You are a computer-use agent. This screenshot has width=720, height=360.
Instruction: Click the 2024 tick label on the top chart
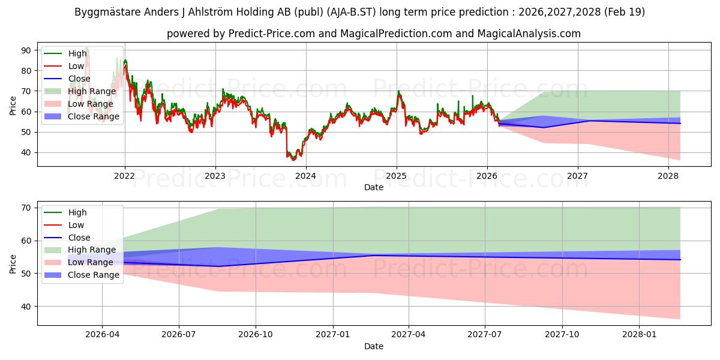coord(305,176)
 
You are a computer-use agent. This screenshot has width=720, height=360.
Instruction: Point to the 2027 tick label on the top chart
coord(577,176)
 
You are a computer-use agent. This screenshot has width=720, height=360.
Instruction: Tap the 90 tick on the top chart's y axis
coord(26,50)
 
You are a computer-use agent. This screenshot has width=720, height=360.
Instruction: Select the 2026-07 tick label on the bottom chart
coord(179,335)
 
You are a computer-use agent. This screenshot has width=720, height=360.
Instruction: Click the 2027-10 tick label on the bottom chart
coord(562,335)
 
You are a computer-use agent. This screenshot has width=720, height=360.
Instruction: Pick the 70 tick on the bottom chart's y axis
coord(26,208)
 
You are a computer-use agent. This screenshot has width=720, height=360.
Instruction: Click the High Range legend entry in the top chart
coord(80,91)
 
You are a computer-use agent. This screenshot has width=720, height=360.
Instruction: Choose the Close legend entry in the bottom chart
coord(67,238)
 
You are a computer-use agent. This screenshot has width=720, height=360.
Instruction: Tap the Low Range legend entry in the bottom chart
coord(79,262)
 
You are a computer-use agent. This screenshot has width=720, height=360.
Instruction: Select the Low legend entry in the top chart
coord(64,66)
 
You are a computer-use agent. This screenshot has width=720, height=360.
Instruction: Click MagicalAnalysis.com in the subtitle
coord(529,34)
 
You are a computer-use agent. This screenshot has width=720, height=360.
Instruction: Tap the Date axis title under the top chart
coord(374,187)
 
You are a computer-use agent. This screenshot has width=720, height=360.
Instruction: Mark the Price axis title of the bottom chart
coord(13,264)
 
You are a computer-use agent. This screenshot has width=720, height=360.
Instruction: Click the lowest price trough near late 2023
coord(293,160)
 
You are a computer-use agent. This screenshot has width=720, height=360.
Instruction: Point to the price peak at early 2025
coord(398,91)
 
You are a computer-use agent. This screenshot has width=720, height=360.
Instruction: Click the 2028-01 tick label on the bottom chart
coord(639,335)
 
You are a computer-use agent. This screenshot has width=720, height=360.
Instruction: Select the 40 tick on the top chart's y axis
coord(26,152)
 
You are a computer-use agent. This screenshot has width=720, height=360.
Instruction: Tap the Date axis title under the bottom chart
coord(374,346)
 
